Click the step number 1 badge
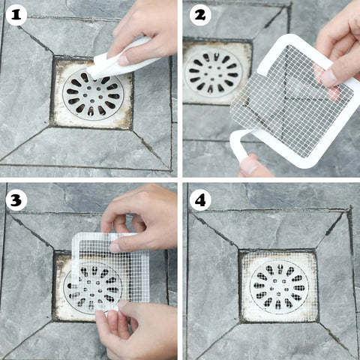click(16, 14)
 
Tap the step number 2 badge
click(199, 14)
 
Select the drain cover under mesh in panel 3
click(94, 285)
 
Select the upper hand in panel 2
click(337, 52)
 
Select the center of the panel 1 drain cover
click(91, 95)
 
